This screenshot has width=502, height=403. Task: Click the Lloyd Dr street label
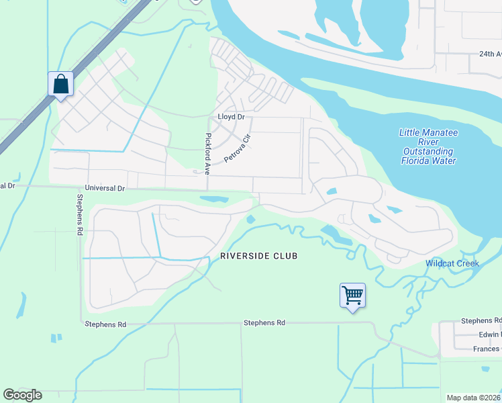click(x=232, y=117)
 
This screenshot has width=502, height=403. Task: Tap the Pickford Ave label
click(x=208, y=151)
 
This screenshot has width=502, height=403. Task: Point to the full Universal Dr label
click(x=105, y=189)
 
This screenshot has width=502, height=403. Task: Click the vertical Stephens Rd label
click(x=80, y=214)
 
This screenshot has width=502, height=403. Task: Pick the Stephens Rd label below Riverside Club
click(x=264, y=323)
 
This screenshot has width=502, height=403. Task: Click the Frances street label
click(x=485, y=349)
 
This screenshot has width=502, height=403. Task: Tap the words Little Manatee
click(x=428, y=132)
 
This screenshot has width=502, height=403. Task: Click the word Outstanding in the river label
click(x=428, y=151)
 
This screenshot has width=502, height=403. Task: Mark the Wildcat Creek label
click(x=452, y=263)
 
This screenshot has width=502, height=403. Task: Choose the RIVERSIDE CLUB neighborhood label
click(x=258, y=257)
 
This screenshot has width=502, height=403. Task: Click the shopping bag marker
click(x=60, y=85)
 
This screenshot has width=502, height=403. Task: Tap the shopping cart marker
click(x=352, y=295)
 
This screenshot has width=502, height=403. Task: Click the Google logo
click(x=22, y=395)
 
